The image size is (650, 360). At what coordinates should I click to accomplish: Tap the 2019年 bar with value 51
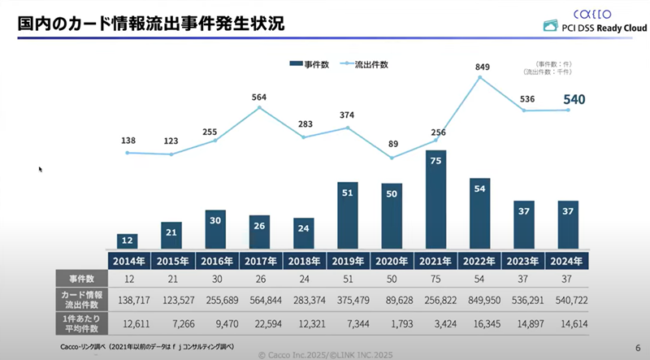coord(348,215)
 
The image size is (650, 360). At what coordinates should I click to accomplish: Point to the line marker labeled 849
coord(481,77)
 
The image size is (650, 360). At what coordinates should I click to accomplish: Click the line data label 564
coord(259,98)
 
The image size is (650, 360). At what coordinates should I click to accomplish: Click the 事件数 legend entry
coord(309,64)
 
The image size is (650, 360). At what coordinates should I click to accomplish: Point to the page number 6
coord(636,347)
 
